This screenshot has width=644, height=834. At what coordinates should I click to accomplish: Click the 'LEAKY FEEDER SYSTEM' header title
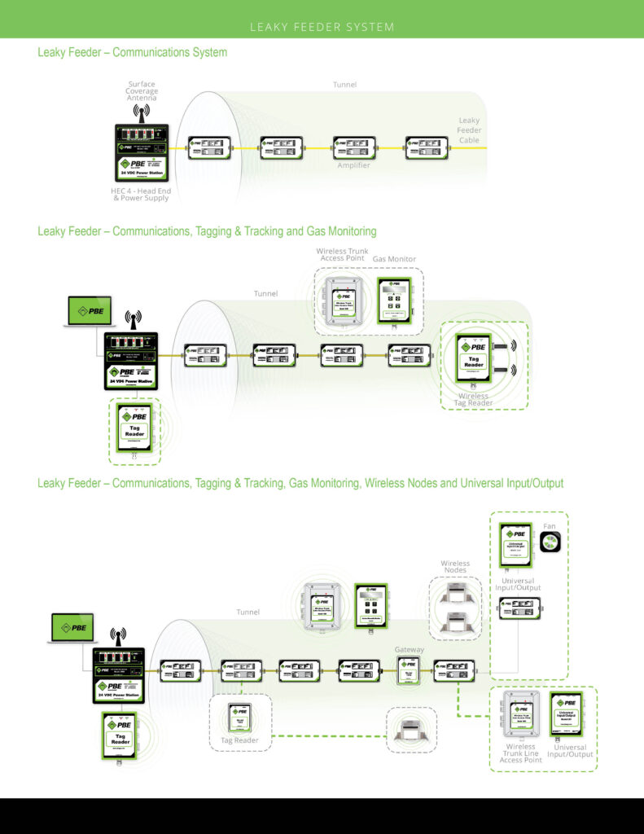322,27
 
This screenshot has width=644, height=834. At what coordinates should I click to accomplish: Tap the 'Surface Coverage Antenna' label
142,91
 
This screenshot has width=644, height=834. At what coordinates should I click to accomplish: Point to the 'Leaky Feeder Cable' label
470,129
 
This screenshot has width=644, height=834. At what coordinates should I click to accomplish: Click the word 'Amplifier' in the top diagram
353,165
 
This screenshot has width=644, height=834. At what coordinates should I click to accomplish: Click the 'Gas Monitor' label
394,259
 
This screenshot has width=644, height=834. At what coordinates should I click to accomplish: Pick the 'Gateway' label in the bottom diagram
409,649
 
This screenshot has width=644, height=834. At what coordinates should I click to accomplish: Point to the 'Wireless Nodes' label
455,566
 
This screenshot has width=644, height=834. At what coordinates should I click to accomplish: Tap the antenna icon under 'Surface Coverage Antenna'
142,112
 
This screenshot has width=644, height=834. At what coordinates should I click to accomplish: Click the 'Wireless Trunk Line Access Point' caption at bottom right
520,754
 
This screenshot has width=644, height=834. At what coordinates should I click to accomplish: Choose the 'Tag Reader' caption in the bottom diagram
239,740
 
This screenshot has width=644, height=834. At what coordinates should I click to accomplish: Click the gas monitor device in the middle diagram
395,301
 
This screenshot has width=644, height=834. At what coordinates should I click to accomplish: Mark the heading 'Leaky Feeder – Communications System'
132,52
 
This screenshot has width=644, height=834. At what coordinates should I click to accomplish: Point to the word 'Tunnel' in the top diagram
344,84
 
